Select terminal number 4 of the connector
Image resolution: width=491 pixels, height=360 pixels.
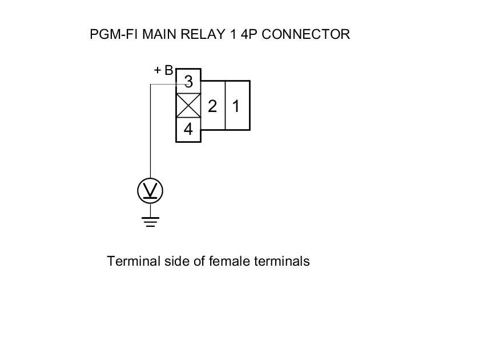click(188, 130)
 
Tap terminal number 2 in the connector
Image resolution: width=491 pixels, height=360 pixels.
click(212, 106)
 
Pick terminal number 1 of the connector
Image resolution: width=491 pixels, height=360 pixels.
click(237, 106)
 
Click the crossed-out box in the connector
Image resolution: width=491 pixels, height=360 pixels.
click(188, 106)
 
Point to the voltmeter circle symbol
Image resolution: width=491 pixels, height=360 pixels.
click(150, 190)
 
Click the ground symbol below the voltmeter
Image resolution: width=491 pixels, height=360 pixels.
click(150, 221)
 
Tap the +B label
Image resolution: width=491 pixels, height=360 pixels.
click(163, 71)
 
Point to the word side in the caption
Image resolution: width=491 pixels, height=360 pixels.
click(167, 262)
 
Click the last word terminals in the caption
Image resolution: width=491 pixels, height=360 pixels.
click(280, 262)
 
